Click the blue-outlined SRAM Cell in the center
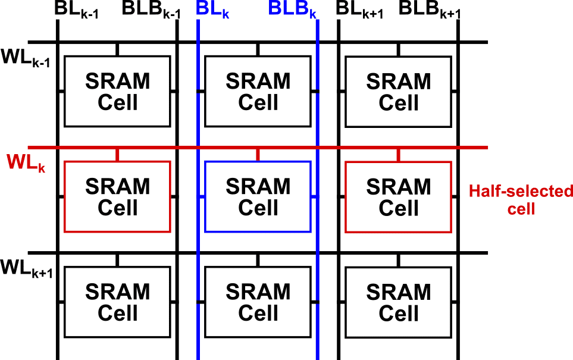point(258,196)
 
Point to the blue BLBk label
point(292,11)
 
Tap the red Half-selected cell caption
point(520,200)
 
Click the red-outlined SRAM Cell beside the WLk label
point(117,196)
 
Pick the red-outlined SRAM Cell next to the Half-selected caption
point(398,196)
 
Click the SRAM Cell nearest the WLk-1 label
point(117,91)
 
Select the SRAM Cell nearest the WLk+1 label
point(117,302)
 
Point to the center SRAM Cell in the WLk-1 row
point(258,91)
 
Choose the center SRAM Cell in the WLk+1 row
point(258,302)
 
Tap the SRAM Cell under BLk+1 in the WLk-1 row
point(398,91)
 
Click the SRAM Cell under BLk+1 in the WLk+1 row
point(398,302)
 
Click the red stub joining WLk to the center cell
point(258,155)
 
